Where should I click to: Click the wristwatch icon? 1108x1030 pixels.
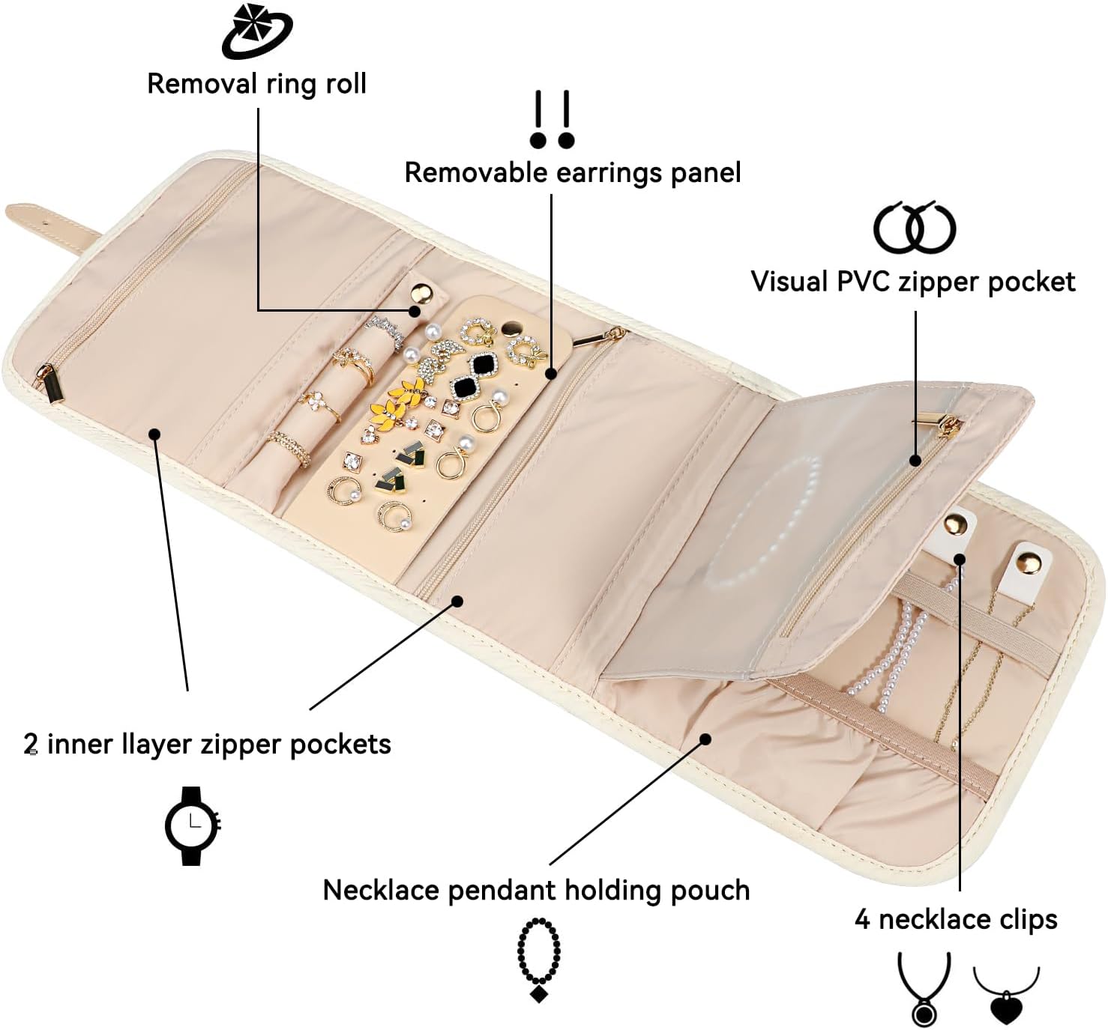tap(193, 825)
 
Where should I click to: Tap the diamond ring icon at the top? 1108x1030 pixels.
tap(256, 31)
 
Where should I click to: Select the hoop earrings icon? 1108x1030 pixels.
tap(915, 228)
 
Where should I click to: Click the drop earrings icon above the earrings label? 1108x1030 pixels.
tap(552, 119)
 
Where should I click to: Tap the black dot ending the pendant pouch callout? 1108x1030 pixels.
tap(705, 739)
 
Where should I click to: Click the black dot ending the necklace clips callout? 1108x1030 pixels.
tap(960, 559)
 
